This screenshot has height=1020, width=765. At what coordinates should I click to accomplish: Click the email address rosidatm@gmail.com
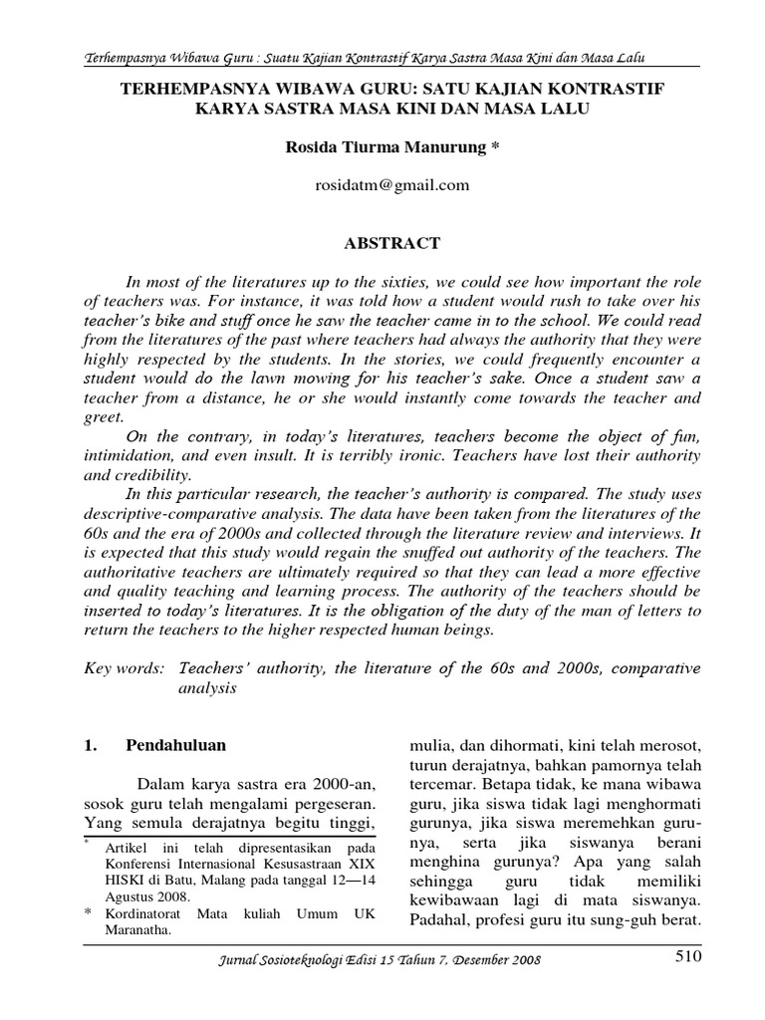click(x=382, y=184)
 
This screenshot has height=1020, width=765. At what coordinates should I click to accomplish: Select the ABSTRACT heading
click(x=382, y=242)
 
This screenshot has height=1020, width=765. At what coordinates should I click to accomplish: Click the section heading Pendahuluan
click(x=176, y=744)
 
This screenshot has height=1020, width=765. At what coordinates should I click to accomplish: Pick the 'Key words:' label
click(x=118, y=666)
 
